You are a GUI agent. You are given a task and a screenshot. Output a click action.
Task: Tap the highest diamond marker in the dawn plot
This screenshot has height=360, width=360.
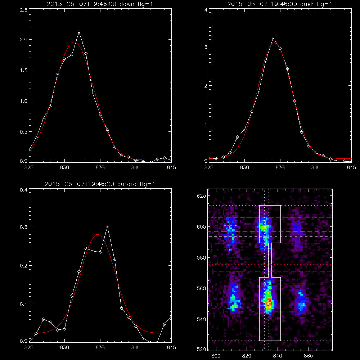pyautogui.click(x=79, y=32)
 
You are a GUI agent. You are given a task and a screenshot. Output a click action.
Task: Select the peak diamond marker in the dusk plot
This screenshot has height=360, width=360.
pyautogui.click(x=273, y=38)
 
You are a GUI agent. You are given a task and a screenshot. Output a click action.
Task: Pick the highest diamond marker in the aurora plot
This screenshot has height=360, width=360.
pyautogui.click(x=107, y=227)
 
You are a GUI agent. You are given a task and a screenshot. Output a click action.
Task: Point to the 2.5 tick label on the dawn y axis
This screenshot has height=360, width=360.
pyautogui.click(x=24, y=10)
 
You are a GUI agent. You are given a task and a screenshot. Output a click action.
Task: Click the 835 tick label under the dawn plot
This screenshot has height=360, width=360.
pyautogui.click(x=100, y=168)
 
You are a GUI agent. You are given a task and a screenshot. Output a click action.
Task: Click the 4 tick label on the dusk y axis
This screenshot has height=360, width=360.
pyautogui.click(x=206, y=10)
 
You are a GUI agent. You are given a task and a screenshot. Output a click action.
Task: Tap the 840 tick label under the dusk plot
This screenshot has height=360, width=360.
pyautogui.click(x=316, y=168)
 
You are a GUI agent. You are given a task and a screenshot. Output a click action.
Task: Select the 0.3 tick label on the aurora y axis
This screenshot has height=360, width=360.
pyautogui.click(x=24, y=227)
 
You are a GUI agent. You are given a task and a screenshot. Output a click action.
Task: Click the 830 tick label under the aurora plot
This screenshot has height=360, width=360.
pyautogui.click(x=64, y=348)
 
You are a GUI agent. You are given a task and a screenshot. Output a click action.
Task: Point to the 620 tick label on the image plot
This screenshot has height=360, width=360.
pyautogui.click(x=201, y=196)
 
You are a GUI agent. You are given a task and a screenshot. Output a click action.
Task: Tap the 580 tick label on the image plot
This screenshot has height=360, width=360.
pyautogui.click(x=201, y=258)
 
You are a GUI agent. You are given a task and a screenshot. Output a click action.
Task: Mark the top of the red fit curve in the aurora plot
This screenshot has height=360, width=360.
pyautogui.click(x=98, y=234)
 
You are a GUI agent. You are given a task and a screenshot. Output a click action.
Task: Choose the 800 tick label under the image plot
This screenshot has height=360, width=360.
pyautogui.click(x=216, y=356)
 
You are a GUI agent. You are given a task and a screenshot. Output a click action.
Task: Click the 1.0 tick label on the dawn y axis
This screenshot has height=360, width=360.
pyautogui.click(x=24, y=101)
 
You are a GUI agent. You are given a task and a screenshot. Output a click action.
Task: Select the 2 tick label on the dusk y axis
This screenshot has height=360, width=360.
pyautogui.click(x=206, y=86)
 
